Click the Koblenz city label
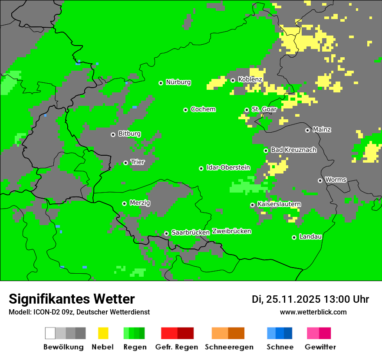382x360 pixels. coord(250,80)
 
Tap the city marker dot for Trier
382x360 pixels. coord(126,163)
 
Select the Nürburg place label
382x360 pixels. coord(178,82)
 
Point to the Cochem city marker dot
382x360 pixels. coord(185,110)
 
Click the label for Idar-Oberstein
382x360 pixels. coord(228,168)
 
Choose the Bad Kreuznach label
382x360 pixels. coord(293,150)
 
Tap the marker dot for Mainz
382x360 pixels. coord(307,130)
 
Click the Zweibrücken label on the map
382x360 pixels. coord(232,232)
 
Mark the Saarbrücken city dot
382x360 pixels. coord(166,233)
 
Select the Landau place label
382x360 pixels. coord(310,237)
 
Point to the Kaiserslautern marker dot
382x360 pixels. coord(252,205)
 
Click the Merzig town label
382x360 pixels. coord(140,203)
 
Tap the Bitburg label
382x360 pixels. coord(129,134)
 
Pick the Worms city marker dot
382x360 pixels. coord(320,180)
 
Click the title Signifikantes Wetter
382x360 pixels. coord(72,299)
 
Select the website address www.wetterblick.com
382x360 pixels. coord(313,312)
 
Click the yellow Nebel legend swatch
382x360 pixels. coord(103,333)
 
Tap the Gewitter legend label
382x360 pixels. coord(320,347)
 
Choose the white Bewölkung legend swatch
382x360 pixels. coord(50,333)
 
